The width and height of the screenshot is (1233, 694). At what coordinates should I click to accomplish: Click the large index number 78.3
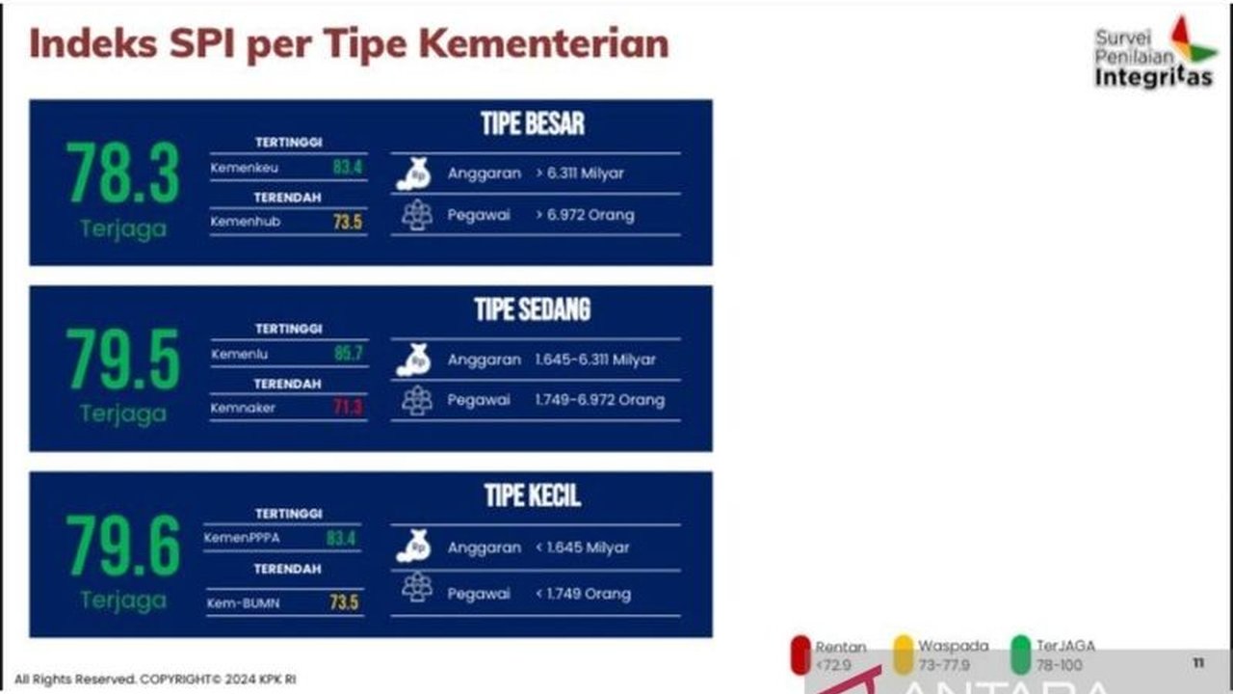(x=122, y=173)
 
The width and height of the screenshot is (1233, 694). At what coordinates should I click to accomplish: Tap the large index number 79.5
(x=122, y=360)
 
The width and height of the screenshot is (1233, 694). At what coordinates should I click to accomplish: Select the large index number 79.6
(x=122, y=546)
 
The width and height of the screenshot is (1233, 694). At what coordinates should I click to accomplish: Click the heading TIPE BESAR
(x=533, y=123)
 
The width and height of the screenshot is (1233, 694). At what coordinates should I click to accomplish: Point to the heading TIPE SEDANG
(x=533, y=309)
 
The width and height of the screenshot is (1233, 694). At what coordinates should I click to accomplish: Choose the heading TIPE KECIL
(x=533, y=495)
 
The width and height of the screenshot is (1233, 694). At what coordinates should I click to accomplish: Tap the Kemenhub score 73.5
(x=347, y=223)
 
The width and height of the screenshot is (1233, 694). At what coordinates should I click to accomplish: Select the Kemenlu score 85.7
(x=348, y=354)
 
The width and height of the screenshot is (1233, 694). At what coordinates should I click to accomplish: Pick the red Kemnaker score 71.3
(x=348, y=408)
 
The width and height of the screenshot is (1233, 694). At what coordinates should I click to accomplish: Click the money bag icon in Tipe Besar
(x=414, y=174)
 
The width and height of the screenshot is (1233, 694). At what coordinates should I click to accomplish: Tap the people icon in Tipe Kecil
(x=417, y=587)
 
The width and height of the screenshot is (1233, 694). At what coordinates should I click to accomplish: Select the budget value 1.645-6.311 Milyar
(x=595, y=360)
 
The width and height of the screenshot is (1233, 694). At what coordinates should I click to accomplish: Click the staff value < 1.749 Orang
(x=583, y=594)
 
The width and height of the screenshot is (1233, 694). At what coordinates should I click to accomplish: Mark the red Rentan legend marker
(x=800, y=654)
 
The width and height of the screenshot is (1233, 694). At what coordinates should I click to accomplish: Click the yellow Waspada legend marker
(x=903, y=654)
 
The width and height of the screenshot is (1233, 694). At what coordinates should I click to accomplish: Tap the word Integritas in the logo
(x=1153, y=78)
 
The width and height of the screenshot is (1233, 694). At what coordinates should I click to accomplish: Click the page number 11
(x=1198, y=663)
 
